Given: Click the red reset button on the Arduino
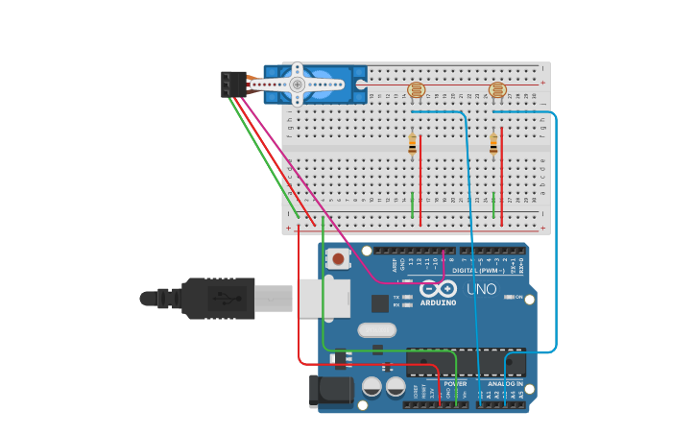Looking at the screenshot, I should [x=338, y=259].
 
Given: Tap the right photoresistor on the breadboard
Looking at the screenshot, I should [x=497, y=91].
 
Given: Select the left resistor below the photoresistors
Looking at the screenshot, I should [x=413, y=144].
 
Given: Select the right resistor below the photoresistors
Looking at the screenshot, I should [x=493, y=144].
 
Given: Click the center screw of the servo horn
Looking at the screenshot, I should [x=297, y=85].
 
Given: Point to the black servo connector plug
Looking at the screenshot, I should [x=231, y=84].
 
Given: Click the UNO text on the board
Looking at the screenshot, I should [x=481, y=289].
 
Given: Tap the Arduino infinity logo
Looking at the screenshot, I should [x=438, y=289].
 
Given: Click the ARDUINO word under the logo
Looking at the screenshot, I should [x=438, y=302].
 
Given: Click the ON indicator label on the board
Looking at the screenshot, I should [x=518, y=297].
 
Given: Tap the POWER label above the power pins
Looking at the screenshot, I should [x=455, y=383].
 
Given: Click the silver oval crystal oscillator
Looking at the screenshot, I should [x=376, y=330].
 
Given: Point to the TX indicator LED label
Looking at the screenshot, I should [x=397, y=297].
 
